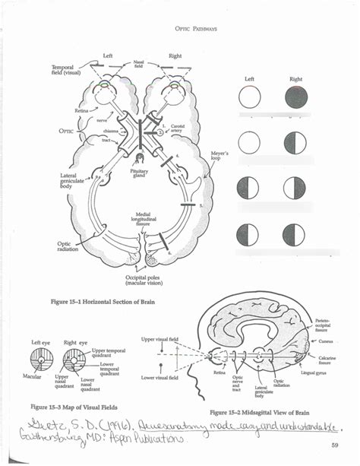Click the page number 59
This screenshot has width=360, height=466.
(x=335, y=445)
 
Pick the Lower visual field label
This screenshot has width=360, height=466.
(x=161, y=376)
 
